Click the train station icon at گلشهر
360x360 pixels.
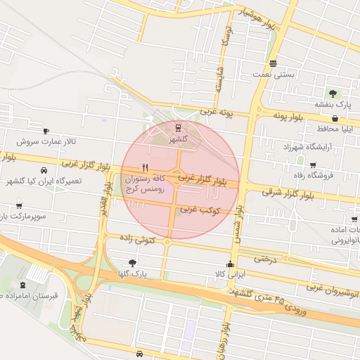pyautogui.click(x=177, y=127)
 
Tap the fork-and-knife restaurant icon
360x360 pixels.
pyautogui.click(x=145, y=167)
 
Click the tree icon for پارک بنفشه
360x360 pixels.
pyautogui.click(x=333, y=93)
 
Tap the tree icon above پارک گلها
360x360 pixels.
pyautogui.click(x=133, y=262)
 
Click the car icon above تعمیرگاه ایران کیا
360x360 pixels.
pyautogui.click(x=44, y=170)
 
